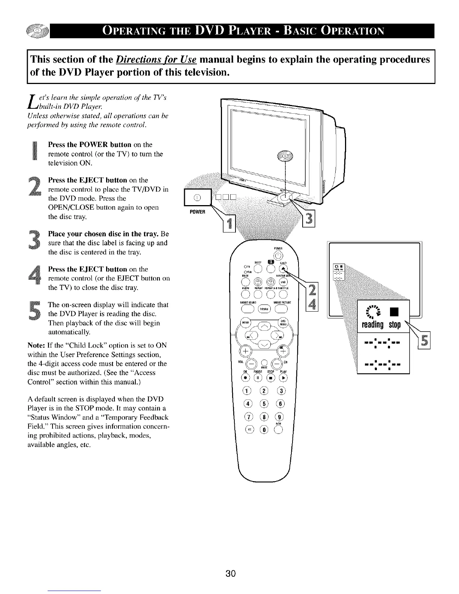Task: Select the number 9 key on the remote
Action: click(x=281, y=417)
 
